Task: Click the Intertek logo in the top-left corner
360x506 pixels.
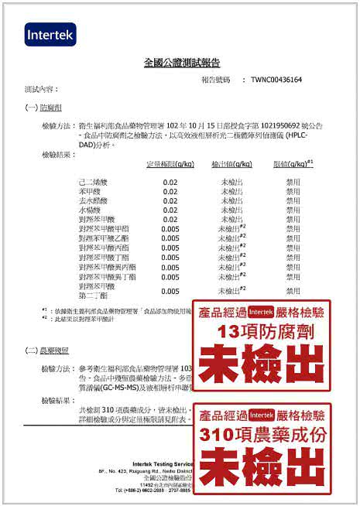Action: tap(50, 34)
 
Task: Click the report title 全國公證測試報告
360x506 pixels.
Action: tap(182, 62)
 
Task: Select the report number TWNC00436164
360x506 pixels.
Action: tap(271, 80)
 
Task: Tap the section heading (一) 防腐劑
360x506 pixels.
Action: tap(45, 107)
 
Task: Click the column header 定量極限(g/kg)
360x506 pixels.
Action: tap(170, 164)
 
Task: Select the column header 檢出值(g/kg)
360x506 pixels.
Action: tap(231, 164)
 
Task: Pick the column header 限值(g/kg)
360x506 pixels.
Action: tap(293, 164)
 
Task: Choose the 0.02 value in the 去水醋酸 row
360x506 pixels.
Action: tap(170, 200)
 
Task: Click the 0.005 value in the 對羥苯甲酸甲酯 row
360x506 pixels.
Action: tap(170, 229)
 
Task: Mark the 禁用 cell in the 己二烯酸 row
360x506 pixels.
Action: tap(293, 181)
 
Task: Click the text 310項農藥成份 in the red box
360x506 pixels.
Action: tap(261, 435)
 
